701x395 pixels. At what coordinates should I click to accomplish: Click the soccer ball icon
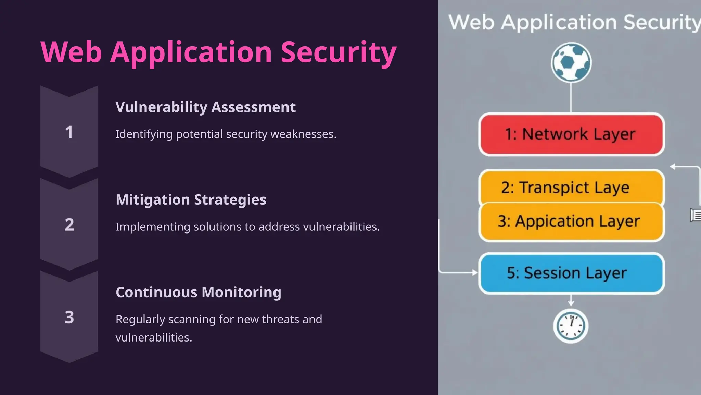click(571, 62)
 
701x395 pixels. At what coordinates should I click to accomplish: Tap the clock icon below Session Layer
click(571, 326)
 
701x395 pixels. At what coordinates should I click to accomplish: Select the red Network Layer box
click(571, 134)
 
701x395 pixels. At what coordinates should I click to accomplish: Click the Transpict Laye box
click(571, 187)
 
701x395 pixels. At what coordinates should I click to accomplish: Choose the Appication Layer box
click(571, 222)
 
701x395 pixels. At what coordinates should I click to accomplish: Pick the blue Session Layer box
click(571, 273)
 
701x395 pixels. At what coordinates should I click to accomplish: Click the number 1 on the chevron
click(69, 132)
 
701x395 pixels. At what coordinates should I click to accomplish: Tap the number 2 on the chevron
click(69, 225)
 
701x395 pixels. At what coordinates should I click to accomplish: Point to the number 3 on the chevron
click(69, 317)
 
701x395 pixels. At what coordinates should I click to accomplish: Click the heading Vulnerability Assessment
click(205, 107)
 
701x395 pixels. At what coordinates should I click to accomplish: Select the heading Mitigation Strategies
click(191, 200)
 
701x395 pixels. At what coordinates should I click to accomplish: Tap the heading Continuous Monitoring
click(198, 292)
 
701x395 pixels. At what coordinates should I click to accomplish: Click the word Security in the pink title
click(339, 52)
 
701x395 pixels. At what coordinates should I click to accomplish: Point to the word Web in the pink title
click(71, 52)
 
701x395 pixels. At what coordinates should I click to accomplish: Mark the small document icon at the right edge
click(696, 215)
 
